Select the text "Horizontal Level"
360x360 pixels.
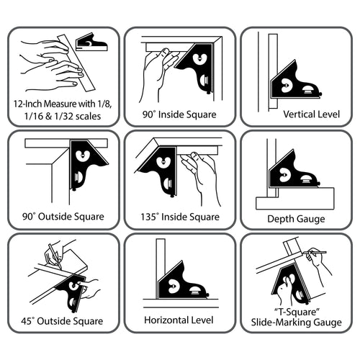[x=179, y=320]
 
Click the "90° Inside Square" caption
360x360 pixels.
[x=180, y=114]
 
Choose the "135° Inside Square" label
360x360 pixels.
[x=180, y=217]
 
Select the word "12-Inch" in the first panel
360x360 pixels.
[x=28, y=104]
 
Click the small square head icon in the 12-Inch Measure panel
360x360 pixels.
[x=91, y=42]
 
